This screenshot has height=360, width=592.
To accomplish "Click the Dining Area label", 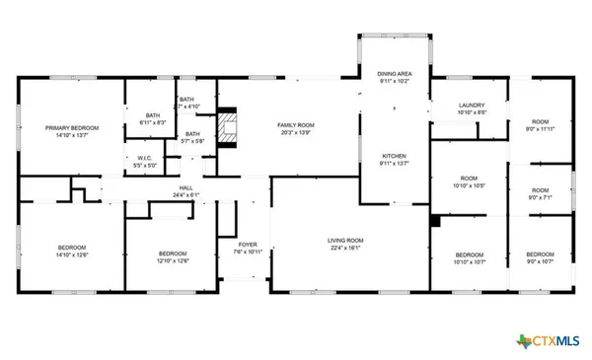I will click(395, 74).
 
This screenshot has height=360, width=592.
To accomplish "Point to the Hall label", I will click(185, 187).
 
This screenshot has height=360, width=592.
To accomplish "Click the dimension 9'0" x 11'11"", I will click(540, 129).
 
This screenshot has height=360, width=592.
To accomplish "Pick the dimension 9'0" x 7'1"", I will click(540, 196).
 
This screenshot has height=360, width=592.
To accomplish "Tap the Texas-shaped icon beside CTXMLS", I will click(523, 340).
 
